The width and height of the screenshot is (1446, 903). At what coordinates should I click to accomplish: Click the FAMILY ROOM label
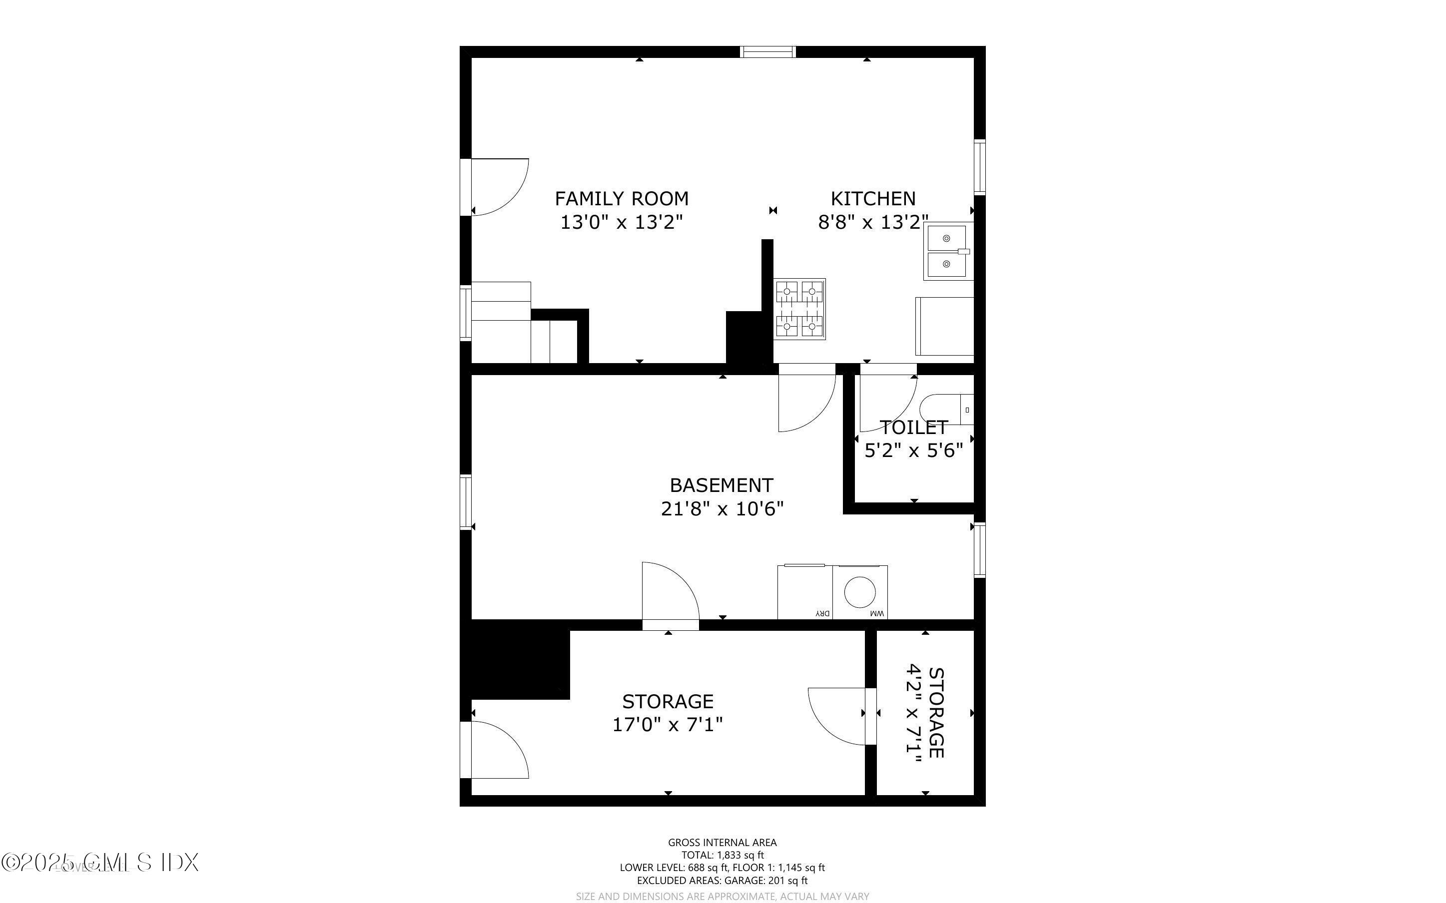click(x=621, y=198)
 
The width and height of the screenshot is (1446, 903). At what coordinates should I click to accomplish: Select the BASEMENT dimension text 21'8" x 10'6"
click(x=722, y=509)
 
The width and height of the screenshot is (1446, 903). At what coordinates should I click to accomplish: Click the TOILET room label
click(x=913, y=428)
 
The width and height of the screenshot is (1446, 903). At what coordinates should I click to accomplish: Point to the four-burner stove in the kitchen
click(x=800, y=309)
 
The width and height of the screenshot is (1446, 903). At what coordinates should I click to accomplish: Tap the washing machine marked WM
click(x=860, y=592)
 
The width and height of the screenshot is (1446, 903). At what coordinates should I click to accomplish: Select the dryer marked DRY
click(x=804, y=592)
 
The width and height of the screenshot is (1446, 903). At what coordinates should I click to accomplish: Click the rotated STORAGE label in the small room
click(x=936, y=713)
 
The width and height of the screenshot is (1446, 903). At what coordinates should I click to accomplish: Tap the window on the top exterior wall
click(x=767, y=52)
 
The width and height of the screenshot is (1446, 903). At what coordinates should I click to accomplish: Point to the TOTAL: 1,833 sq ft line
click(x=722, y=855)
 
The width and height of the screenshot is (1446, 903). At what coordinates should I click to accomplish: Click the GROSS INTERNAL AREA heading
click(x=722, y=843)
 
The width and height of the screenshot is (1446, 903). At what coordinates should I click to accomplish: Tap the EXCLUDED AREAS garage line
click(x=722, y=881)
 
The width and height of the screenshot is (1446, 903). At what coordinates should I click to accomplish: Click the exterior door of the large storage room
click(x=495, y=750)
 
